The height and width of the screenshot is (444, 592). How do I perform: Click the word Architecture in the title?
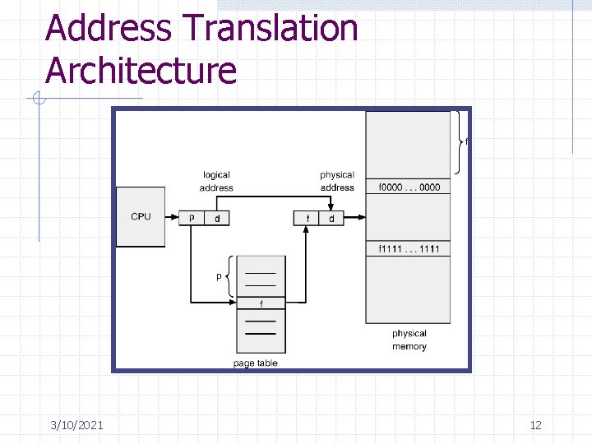pos(141,71)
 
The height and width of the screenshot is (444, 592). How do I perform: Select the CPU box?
pos(141,216)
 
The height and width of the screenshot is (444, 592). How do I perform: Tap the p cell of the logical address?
pos(191,218)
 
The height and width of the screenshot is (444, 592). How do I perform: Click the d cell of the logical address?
pos(216,218)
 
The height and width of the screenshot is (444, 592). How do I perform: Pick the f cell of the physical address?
pos(307,218)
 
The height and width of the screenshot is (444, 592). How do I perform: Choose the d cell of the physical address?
pos(331,218)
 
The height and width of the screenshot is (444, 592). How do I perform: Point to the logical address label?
pos(216,181)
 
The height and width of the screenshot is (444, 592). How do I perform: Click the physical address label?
pos(337,181)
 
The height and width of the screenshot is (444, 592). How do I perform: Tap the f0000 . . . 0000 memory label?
pos(409,187)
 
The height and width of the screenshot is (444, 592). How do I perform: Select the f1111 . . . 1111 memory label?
pos(409,249)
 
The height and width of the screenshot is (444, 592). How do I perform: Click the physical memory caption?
pos(409,340)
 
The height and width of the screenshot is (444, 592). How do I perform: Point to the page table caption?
pos(256,363)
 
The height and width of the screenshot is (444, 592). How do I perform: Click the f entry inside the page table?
pos(261,303)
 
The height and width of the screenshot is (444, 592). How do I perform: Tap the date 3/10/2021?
pos(76,425)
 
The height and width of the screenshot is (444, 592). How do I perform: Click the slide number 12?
pos(535,425)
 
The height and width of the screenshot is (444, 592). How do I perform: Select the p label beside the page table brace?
pos(219,276)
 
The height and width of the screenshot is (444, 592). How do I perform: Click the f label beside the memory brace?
pos(467,141)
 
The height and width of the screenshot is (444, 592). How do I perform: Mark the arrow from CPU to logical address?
pos(173,218)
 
